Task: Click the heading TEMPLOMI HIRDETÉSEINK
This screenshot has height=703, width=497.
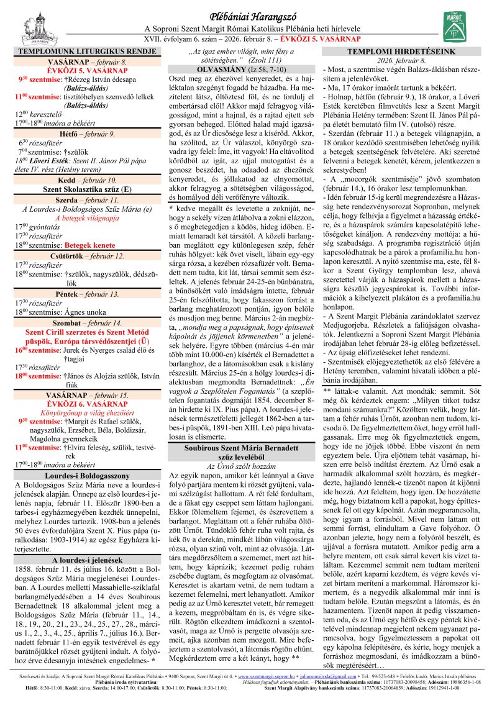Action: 410,52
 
